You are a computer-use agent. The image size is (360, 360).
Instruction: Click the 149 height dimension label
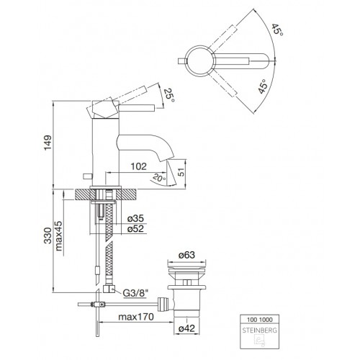pyautogui.click(x=48, y=143)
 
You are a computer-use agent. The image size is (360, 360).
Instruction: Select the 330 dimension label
pyautogui.click(x=48, y=235)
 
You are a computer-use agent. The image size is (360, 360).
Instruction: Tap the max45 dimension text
pyautogui.click(x=58, y=236)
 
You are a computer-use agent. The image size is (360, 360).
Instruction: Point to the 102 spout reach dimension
pyautogui.click(x=138, y=166)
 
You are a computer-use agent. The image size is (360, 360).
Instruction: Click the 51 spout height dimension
pyautogui.click(x=181, y=172)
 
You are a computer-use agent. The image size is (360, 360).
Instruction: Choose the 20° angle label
pyautogui.click(x=158, y=178)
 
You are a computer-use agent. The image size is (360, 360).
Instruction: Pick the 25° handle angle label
pyautogui.click(x=169, y=95)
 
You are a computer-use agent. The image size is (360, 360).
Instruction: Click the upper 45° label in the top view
pyautogui.click(x=277, y=30)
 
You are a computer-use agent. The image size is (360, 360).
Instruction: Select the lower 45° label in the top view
pyautogui.click(x=263, y=86)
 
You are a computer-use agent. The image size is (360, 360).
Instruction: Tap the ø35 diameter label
pyautogui.click(x=135, y=218)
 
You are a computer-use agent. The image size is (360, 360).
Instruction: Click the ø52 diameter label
pyautogui.click(x=135, y=229)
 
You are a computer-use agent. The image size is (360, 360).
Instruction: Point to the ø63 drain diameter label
pyautogui.click(x=186, y=255)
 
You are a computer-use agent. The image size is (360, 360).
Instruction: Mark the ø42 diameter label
pyautogui.click(x=186, y=328)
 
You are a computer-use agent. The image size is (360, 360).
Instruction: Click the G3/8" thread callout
pyautogui.click(x=135, y=293)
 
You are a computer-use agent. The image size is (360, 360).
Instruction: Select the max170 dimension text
pyautogui.click(x=136, y=317)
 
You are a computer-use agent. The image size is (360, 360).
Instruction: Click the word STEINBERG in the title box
pyautogui.click(x=259, y=330)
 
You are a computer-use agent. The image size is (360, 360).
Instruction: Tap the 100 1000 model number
pyautogui.click(x=260, y=320)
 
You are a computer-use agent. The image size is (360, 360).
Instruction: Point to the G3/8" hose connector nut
pyautogui.click(x=109, y=289)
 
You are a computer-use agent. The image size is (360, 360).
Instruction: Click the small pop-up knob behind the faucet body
pyautogui.click(x=87, y=176)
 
